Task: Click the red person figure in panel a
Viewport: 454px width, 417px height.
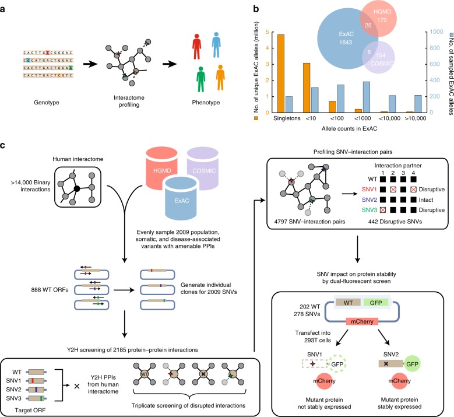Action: point(196,47)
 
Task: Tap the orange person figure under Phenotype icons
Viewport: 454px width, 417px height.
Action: point(220,78)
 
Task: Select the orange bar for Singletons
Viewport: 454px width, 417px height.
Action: point(281,73)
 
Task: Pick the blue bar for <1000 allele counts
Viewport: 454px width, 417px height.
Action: point(366,97)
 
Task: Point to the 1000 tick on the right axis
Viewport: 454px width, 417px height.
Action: point(437,31)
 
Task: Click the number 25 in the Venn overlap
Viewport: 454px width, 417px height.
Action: point(368,26)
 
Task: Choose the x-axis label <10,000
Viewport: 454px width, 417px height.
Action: point(390,118)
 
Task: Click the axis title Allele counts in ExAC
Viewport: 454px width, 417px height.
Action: point(350,128)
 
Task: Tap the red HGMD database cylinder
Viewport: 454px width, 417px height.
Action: point(161,167)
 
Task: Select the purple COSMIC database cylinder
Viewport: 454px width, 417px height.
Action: point(203,168)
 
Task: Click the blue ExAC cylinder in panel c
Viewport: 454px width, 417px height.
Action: point(182,198)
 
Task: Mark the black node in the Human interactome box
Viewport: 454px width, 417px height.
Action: point(77,188)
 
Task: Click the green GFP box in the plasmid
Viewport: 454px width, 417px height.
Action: point(376,303)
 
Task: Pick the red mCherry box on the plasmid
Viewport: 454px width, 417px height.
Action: point(362,321)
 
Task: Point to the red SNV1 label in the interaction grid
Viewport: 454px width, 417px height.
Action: point(369,190)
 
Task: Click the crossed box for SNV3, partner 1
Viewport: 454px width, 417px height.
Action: point(383,210)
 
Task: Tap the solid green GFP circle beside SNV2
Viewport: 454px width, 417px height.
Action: point(412,364)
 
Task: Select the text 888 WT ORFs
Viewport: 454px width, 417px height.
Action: point(50,290)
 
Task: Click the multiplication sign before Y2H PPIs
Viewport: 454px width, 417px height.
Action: point(77,386)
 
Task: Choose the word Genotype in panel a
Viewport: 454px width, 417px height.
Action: point(46,102)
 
